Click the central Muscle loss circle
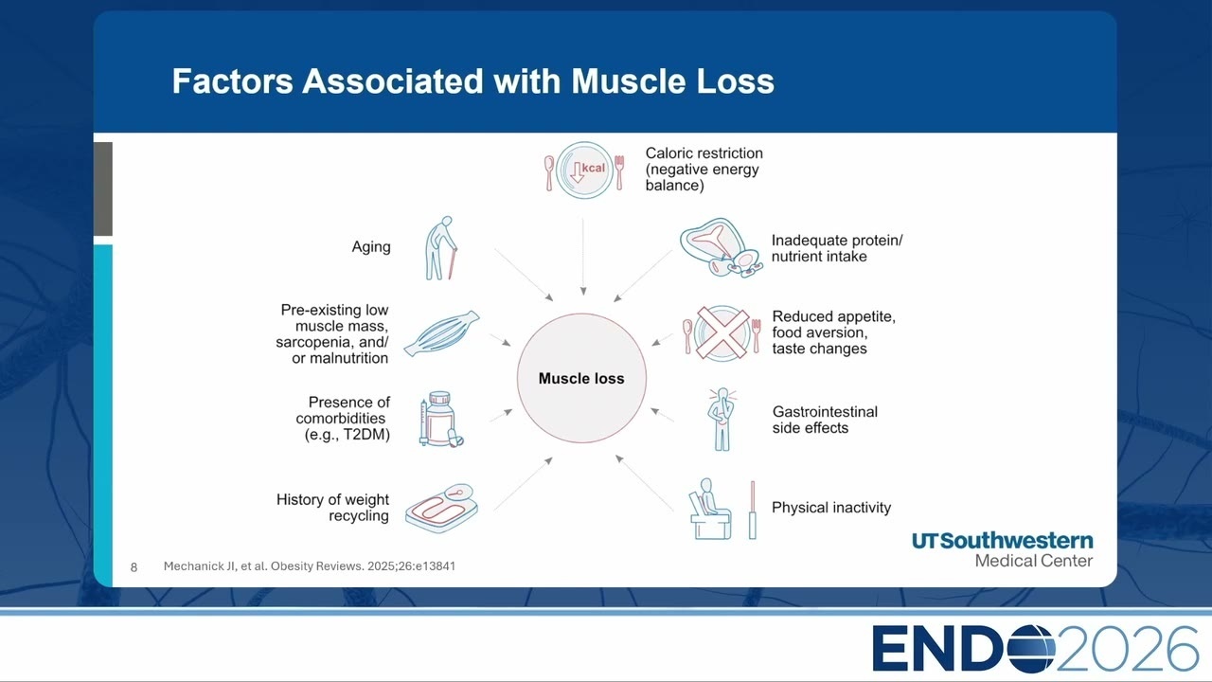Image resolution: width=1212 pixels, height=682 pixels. click(x=581, y=378)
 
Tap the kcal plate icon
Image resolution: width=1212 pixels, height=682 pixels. click(x=584, y=170)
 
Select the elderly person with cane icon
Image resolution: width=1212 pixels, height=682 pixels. click(x=441, y=248)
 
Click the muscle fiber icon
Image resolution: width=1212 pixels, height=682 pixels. click(x=441, y=333)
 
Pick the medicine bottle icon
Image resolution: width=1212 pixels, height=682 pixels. click(x=441, y=420)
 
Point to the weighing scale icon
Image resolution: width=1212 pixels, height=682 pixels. click(x=441, y=509)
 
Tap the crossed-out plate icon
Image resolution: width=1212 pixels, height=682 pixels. click(x=722, y=333)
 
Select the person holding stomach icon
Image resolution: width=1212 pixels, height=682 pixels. click(x=722, y=419)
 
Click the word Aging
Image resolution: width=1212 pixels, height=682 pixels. click(x=371, y=247)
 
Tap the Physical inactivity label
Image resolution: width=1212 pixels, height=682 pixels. click(x=831, y=508)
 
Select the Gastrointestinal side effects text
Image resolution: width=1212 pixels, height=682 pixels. click(x=825, y=420)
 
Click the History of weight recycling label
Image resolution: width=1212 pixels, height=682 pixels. click(x=332, y=507)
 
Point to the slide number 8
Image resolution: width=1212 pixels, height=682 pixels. click(x=134, y=567)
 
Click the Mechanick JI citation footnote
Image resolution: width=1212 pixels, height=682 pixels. click(x=310, y=566)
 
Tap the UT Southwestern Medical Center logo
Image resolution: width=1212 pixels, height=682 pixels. click(x=1002, y=550)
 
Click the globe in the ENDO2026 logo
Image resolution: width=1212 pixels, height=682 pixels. click(x=1028, y=649)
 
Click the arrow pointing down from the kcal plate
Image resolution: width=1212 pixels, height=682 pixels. click(x=583, y=257)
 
